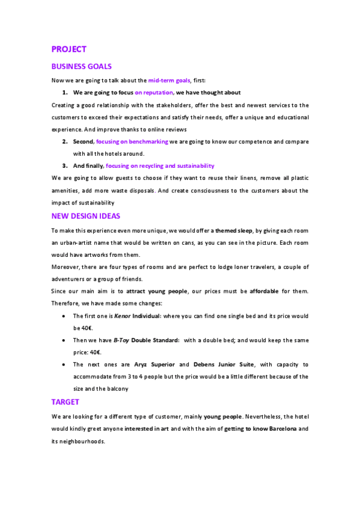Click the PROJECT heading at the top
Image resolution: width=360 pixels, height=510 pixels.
pyautogui.click(x=69, y=49)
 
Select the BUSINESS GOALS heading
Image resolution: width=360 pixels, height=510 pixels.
pyautogui.click(x=82, y=67)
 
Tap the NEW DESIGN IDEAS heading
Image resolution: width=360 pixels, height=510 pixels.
pyautogui.click(x=87, y=216)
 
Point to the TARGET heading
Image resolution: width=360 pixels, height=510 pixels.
pyautogui.click(x=66, y=402)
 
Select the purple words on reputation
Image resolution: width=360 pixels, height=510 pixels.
pyautogui.click(x=153, y=93)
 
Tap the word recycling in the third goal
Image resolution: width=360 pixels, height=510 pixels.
pyautogui.click(x=152, y=165)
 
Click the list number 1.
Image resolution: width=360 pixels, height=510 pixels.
pyautogui.click(x=64, y=93)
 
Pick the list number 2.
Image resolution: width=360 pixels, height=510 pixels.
pyautogui.click(x=64, y=142)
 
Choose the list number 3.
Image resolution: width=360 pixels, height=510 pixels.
pyautogui.click(x=64, y=165)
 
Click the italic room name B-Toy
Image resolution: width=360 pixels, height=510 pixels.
pyautogui.click(x=121, y=340)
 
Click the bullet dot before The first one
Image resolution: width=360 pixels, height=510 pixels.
pyautogui.click(x=64, y=316)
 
